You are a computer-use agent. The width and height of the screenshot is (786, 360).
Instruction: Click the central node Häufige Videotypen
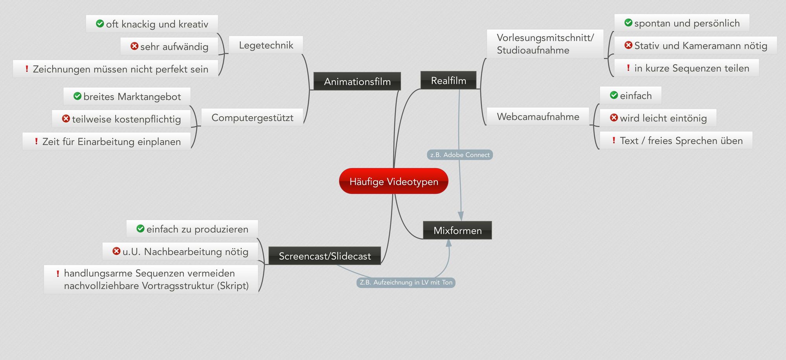(393, 181)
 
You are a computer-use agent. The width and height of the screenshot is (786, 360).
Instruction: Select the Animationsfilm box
(357, 81)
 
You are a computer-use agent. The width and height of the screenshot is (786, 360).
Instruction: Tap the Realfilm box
(448, 80)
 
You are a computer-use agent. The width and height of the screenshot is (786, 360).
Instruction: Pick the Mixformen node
(457, 230)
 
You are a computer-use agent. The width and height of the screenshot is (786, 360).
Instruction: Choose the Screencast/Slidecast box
(325, 256)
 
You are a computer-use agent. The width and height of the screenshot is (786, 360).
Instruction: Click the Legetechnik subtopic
(266, 45)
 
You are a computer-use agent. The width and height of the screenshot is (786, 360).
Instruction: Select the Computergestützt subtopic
(252, 118)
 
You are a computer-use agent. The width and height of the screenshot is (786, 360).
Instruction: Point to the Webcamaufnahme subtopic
(538, 116)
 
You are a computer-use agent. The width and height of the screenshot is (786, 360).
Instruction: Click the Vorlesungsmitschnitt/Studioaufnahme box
(545, 44)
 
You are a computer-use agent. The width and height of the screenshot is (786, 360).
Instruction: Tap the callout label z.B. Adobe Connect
(460, 155)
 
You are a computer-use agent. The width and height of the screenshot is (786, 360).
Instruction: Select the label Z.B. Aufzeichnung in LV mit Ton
(406, 282)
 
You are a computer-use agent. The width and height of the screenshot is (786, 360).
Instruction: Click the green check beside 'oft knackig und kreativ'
(100, 24)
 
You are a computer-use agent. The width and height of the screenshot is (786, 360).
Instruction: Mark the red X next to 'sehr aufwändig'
(134, 46)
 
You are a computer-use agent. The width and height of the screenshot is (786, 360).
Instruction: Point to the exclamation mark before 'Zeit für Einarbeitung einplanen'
(36, 141)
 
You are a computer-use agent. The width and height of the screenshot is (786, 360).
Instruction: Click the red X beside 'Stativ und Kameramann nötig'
(628, 45)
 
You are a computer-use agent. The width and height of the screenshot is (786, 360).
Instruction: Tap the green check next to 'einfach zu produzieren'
(140, 228)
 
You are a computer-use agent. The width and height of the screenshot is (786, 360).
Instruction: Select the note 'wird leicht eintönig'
(658, 118)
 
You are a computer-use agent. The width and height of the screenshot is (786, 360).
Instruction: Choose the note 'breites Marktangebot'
(127, 96)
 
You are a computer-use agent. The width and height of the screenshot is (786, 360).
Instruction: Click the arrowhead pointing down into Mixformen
(461, 216)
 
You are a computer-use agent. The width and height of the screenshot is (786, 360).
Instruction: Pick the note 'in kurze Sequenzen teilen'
(687, 68)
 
